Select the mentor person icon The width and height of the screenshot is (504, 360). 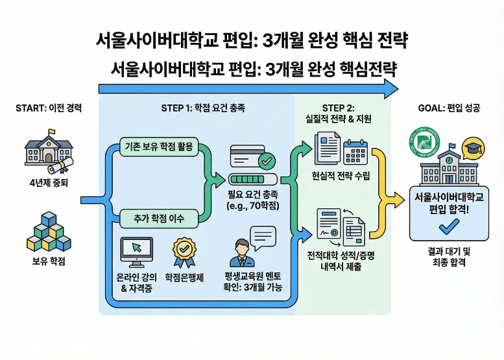(241, 253)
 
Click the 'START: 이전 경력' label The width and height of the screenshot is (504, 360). (48, 108)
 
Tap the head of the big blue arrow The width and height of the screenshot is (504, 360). (389, 89)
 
